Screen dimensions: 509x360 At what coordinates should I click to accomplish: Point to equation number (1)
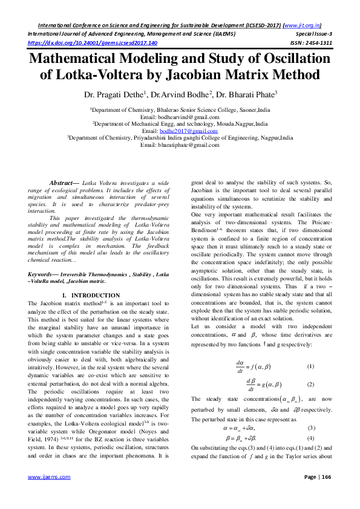pos(310,367)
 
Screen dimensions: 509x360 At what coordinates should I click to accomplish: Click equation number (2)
pos(310,385)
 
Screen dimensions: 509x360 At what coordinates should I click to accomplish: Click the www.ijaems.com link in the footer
pos(44,493)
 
